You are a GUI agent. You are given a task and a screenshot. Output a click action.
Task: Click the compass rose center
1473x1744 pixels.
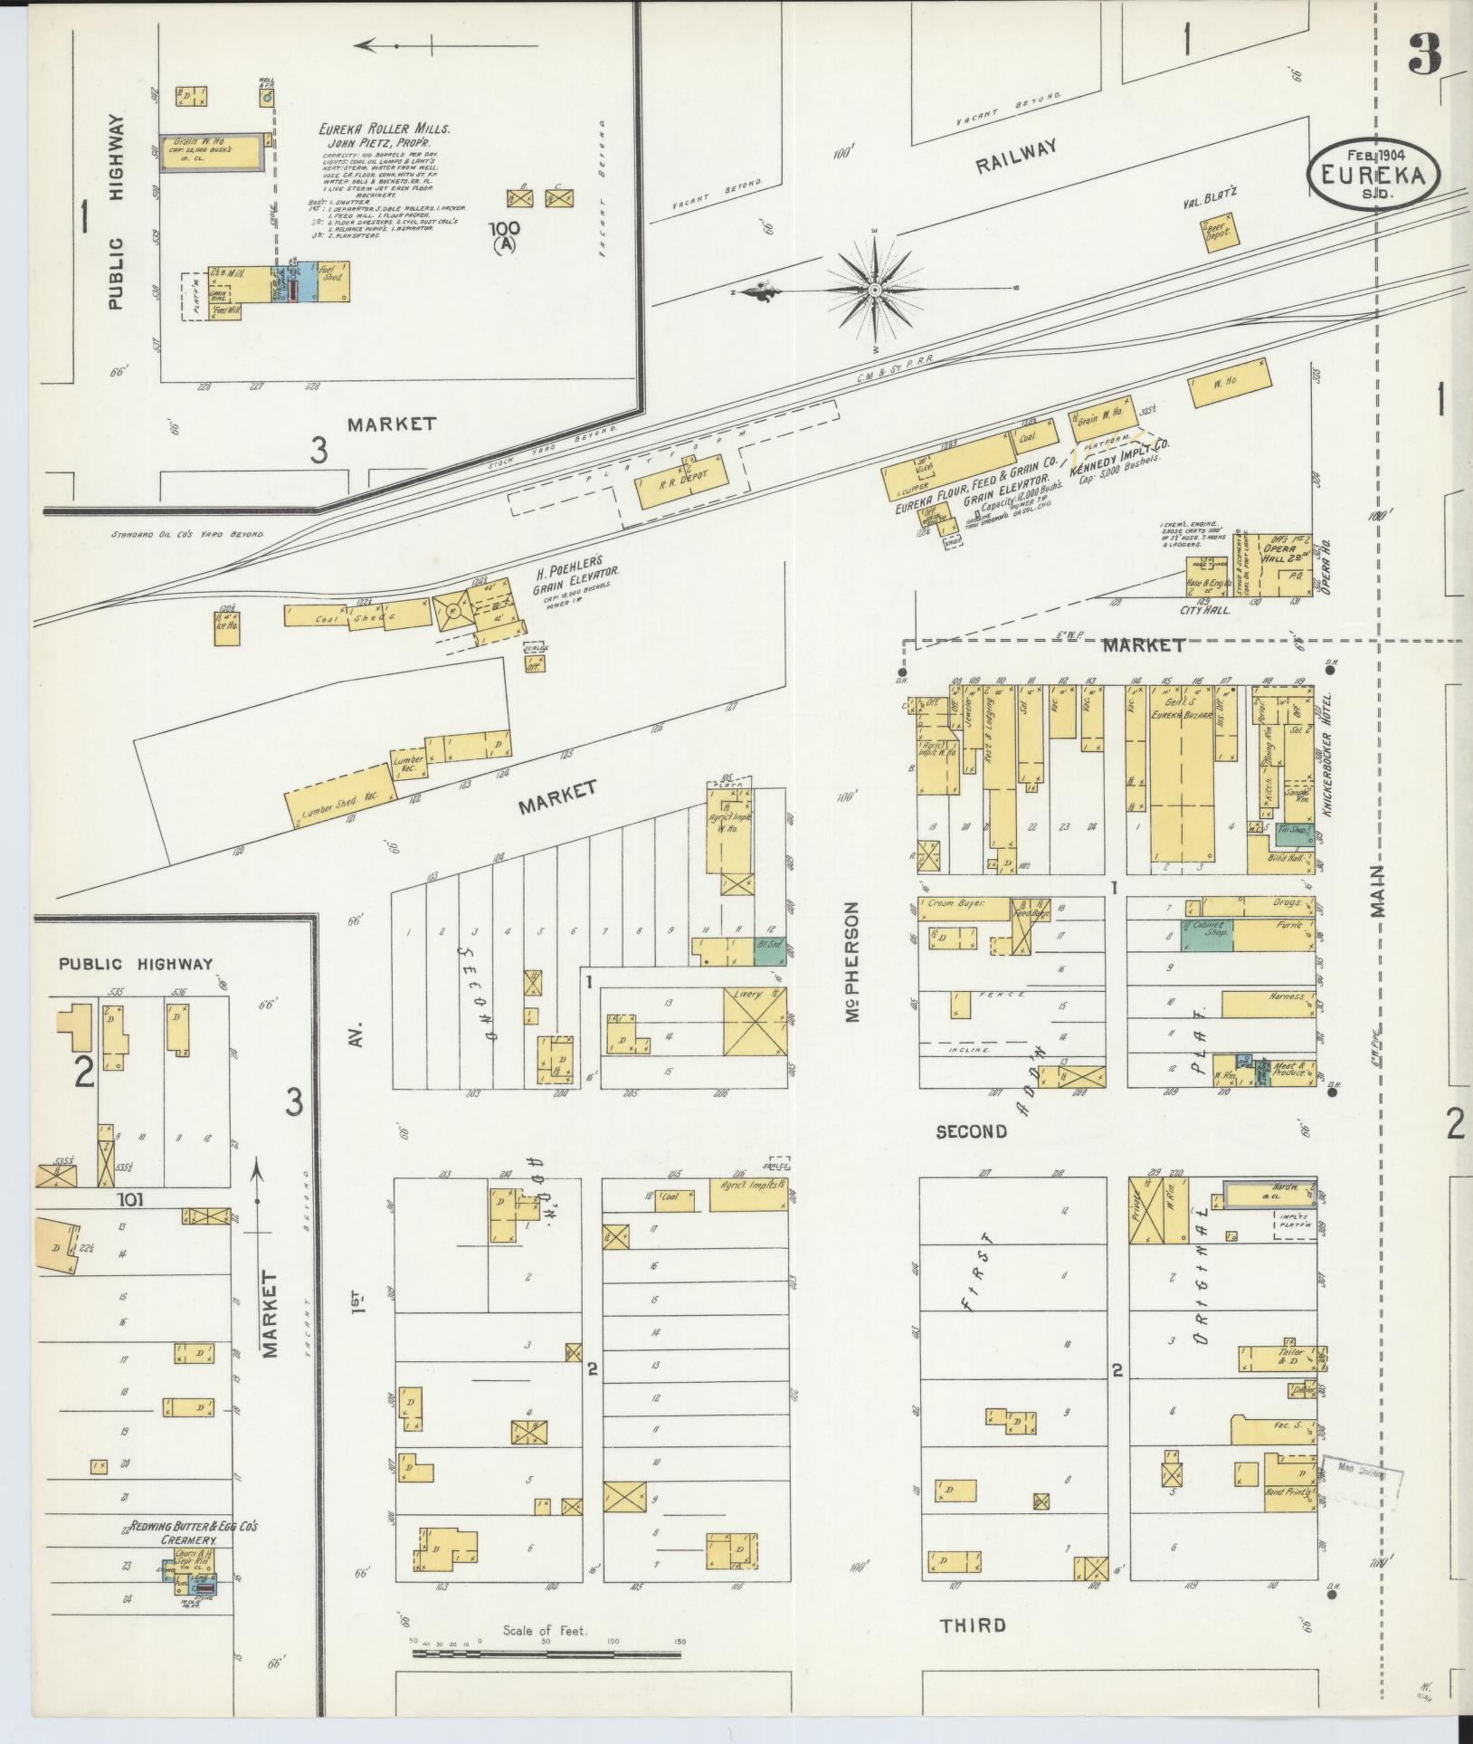point(875,290)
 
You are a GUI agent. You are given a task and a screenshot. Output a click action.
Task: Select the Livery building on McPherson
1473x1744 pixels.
point(754,1022)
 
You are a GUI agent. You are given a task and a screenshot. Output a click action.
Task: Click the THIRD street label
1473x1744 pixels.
point(973,1625)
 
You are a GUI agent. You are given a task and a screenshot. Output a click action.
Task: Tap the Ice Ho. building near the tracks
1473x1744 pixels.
point(226,629)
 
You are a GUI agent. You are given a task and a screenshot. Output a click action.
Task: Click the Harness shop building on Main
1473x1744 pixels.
point(1268,1004)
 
